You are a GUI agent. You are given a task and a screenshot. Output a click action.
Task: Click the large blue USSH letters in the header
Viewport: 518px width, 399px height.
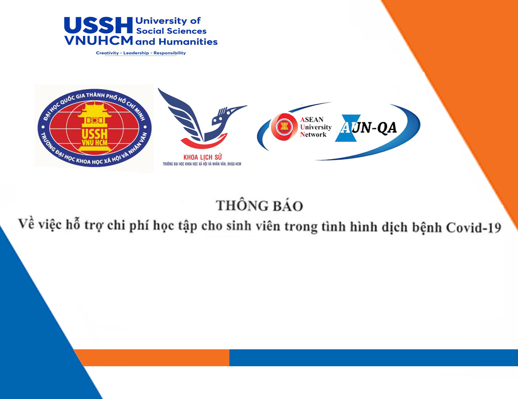point(98,25)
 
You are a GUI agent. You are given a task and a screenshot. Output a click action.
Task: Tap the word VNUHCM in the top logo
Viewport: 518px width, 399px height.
point(98,40)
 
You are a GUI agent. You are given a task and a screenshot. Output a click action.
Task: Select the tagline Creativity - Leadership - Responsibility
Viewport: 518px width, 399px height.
point(141,53)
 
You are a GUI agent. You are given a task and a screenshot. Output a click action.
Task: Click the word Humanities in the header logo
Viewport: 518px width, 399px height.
point(188,42)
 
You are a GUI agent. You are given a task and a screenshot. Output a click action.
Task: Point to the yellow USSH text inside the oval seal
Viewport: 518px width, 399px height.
point(94,134)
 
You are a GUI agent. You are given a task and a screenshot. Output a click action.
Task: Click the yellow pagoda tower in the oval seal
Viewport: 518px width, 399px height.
point(94,126)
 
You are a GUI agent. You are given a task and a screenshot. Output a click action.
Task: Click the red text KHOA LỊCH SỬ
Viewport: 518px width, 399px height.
point(202,157)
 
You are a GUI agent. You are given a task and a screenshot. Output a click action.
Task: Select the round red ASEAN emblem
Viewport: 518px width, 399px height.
point(284,127)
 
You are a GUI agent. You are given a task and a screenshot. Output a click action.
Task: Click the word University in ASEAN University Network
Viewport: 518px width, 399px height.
point(316,127)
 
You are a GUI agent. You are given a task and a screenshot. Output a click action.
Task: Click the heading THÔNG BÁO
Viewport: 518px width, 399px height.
point(259,206)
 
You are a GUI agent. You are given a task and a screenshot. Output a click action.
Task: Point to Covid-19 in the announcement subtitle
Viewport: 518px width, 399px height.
point(473,227)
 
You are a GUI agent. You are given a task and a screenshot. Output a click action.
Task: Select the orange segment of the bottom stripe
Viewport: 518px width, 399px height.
point(152,357)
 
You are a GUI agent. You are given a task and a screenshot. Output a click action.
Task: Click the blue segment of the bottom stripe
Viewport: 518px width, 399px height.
point(374,357)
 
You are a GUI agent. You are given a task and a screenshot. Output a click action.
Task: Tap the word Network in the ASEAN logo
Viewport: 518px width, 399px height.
point(313,135)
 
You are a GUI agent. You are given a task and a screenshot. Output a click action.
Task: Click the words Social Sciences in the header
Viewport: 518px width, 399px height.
point(171,31)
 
